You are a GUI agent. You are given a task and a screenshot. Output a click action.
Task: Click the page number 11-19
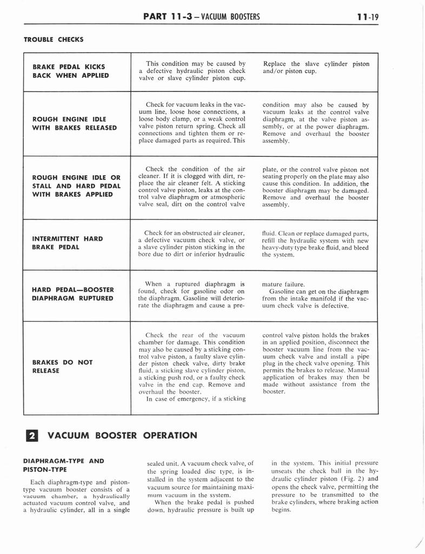[x=368, y=16]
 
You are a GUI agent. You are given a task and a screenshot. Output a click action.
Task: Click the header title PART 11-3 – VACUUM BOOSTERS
[x=202, y=16]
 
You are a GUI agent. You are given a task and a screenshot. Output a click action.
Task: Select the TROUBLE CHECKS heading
[x=54, y=39]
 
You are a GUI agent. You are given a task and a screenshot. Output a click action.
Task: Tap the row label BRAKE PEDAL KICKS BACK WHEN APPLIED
[x=71, y=71]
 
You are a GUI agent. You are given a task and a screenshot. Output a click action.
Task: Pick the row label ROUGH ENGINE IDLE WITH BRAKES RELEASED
[x=75, y=123]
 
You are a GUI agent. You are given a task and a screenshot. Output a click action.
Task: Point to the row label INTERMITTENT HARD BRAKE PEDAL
[x=68, y=242]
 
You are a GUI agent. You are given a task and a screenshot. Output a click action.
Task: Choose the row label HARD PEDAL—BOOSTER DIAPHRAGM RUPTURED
[x=73, y=294]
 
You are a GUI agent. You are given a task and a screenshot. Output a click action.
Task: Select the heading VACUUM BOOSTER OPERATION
[x=122, y=436]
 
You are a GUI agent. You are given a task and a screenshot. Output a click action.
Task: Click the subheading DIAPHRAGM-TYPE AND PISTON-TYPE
[x=64, y=465]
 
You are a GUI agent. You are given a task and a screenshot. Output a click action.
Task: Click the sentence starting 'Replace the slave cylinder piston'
[x=316, y=67]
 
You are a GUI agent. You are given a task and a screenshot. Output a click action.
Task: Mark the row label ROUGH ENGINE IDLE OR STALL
[x=76, y=186]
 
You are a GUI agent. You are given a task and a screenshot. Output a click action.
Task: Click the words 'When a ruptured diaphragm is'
[x=195, y=283]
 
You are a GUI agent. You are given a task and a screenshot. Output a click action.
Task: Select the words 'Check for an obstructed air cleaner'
[x=195, y=233]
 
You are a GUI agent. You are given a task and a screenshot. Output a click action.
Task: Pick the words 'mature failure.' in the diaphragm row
[x=283, y=283]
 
